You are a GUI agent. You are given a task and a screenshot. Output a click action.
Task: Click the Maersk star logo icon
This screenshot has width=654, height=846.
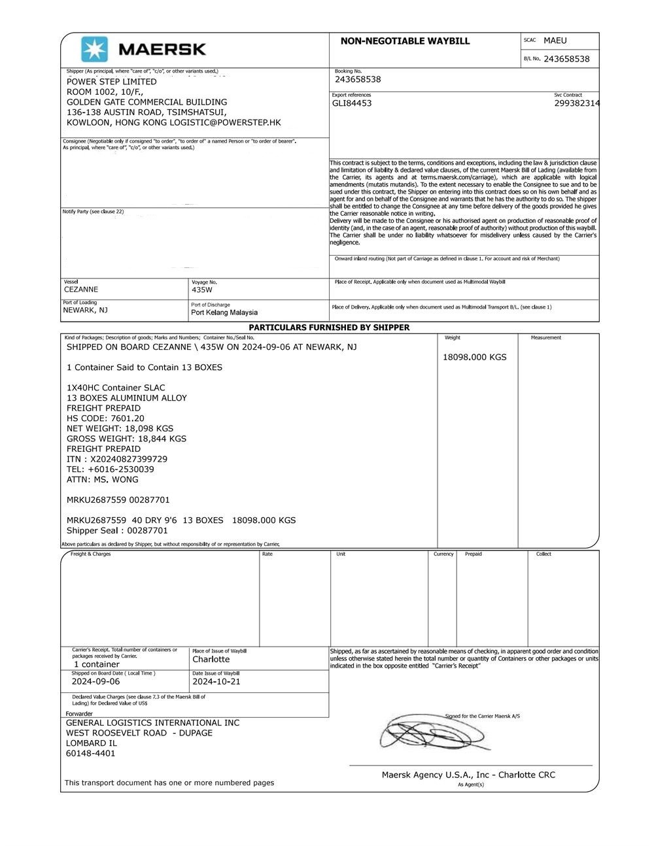94,49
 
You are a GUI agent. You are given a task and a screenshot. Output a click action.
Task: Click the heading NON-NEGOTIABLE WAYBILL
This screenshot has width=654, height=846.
405,41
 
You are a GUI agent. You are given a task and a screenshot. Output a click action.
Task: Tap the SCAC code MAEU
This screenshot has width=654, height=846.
555,41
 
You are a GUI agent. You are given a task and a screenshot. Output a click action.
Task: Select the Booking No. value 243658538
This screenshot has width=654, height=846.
358,79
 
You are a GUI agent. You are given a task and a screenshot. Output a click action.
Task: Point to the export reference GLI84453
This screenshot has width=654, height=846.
352,103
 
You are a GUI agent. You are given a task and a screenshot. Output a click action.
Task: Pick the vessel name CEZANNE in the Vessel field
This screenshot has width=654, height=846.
81,289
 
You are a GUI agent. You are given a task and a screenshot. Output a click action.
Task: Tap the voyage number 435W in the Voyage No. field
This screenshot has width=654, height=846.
202,290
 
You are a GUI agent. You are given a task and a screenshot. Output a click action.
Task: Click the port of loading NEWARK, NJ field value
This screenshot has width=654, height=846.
85,310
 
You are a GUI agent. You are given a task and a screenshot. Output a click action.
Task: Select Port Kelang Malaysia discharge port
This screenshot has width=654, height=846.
224,313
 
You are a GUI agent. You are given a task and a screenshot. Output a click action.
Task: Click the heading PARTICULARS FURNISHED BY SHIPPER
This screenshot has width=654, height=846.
329,327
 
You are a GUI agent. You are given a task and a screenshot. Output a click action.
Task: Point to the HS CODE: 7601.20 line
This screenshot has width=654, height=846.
105,418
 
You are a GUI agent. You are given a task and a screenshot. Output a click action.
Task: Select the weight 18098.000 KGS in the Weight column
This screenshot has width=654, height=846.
475,357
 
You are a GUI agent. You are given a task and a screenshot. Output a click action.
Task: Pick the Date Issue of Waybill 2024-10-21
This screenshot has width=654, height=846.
216,681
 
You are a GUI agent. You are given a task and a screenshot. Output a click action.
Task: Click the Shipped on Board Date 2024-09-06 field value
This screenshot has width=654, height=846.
95,681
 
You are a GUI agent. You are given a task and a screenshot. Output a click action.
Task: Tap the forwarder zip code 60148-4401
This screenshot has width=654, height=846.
91,753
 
